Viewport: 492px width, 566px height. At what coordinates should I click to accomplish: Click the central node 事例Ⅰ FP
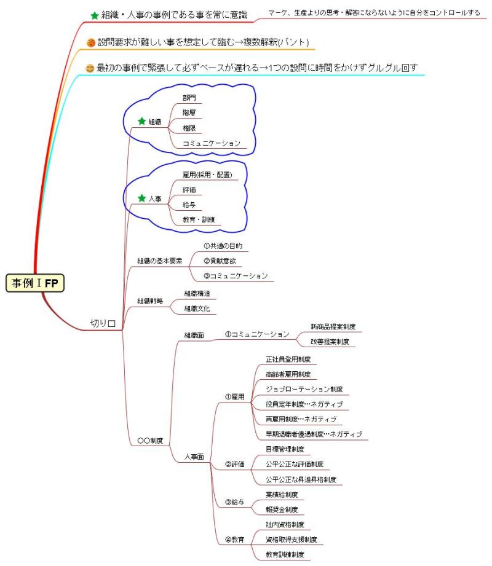coord(36,283)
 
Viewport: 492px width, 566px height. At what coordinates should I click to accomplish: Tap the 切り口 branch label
coord(103,323)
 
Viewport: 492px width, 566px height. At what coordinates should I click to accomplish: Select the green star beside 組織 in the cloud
coord(141,121)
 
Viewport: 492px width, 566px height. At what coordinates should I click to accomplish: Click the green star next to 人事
coord(141,198)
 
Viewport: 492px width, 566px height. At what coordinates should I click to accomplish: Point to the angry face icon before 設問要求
coord(91,42)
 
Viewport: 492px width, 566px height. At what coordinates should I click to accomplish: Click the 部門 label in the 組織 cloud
coord(189,97)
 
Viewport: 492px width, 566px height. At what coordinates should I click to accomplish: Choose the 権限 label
coord(189,128)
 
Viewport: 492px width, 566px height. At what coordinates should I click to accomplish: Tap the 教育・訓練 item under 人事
coord(198,219)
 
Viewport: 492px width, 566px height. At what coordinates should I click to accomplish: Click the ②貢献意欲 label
coord(218,261)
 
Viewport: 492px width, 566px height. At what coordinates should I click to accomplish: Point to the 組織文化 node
coord(197,309)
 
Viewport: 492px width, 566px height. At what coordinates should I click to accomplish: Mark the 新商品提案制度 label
coord(333,326)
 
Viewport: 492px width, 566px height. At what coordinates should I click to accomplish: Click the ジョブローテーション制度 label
coord(304,389)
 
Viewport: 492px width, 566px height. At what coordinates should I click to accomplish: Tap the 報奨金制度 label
coord(280,509)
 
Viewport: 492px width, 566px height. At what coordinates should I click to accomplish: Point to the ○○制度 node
coord(150,440)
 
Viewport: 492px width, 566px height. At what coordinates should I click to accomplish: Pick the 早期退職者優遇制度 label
coord(313,434)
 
